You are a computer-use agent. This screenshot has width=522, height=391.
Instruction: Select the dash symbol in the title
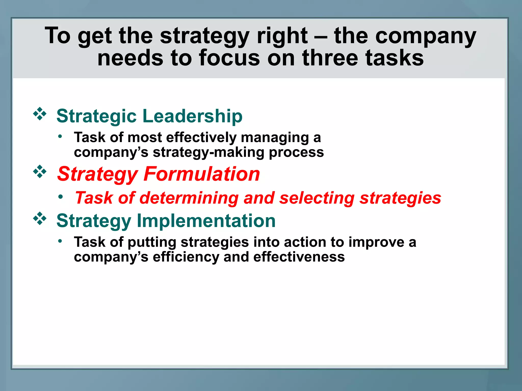[321, 36]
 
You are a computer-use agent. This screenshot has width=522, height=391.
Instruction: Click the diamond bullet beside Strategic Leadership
[40, 114]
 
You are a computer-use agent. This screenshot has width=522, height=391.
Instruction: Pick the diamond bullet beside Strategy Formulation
[40, 172]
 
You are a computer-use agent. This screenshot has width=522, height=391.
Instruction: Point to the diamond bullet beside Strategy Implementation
[40, 218]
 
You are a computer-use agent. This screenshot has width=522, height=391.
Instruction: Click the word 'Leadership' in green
[192, 116]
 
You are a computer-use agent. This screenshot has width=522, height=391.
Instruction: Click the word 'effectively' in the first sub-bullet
[201, 138]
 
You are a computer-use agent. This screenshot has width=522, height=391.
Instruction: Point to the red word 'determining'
[189, 198]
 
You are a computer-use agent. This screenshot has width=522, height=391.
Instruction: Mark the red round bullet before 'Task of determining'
[60, 197]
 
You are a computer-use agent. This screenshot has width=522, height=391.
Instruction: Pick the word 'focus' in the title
[230, 58]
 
